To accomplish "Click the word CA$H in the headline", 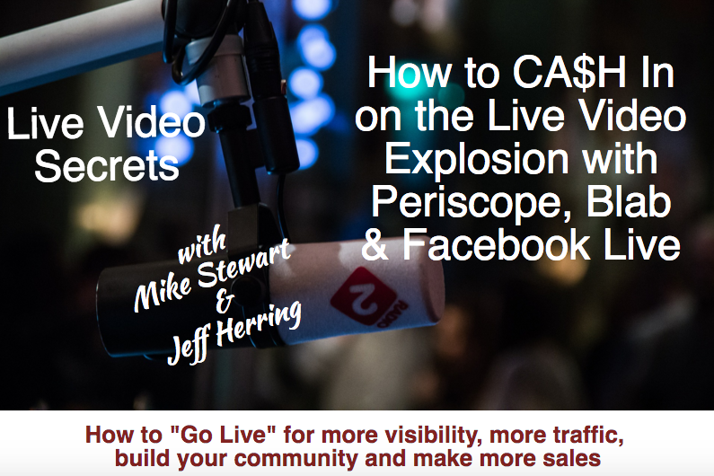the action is click(569, 73).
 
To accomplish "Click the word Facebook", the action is click(498, 244).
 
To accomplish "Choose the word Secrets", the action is click(107, 166).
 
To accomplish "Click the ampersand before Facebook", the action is click(375, 244).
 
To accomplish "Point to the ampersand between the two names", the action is click(224, 301).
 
